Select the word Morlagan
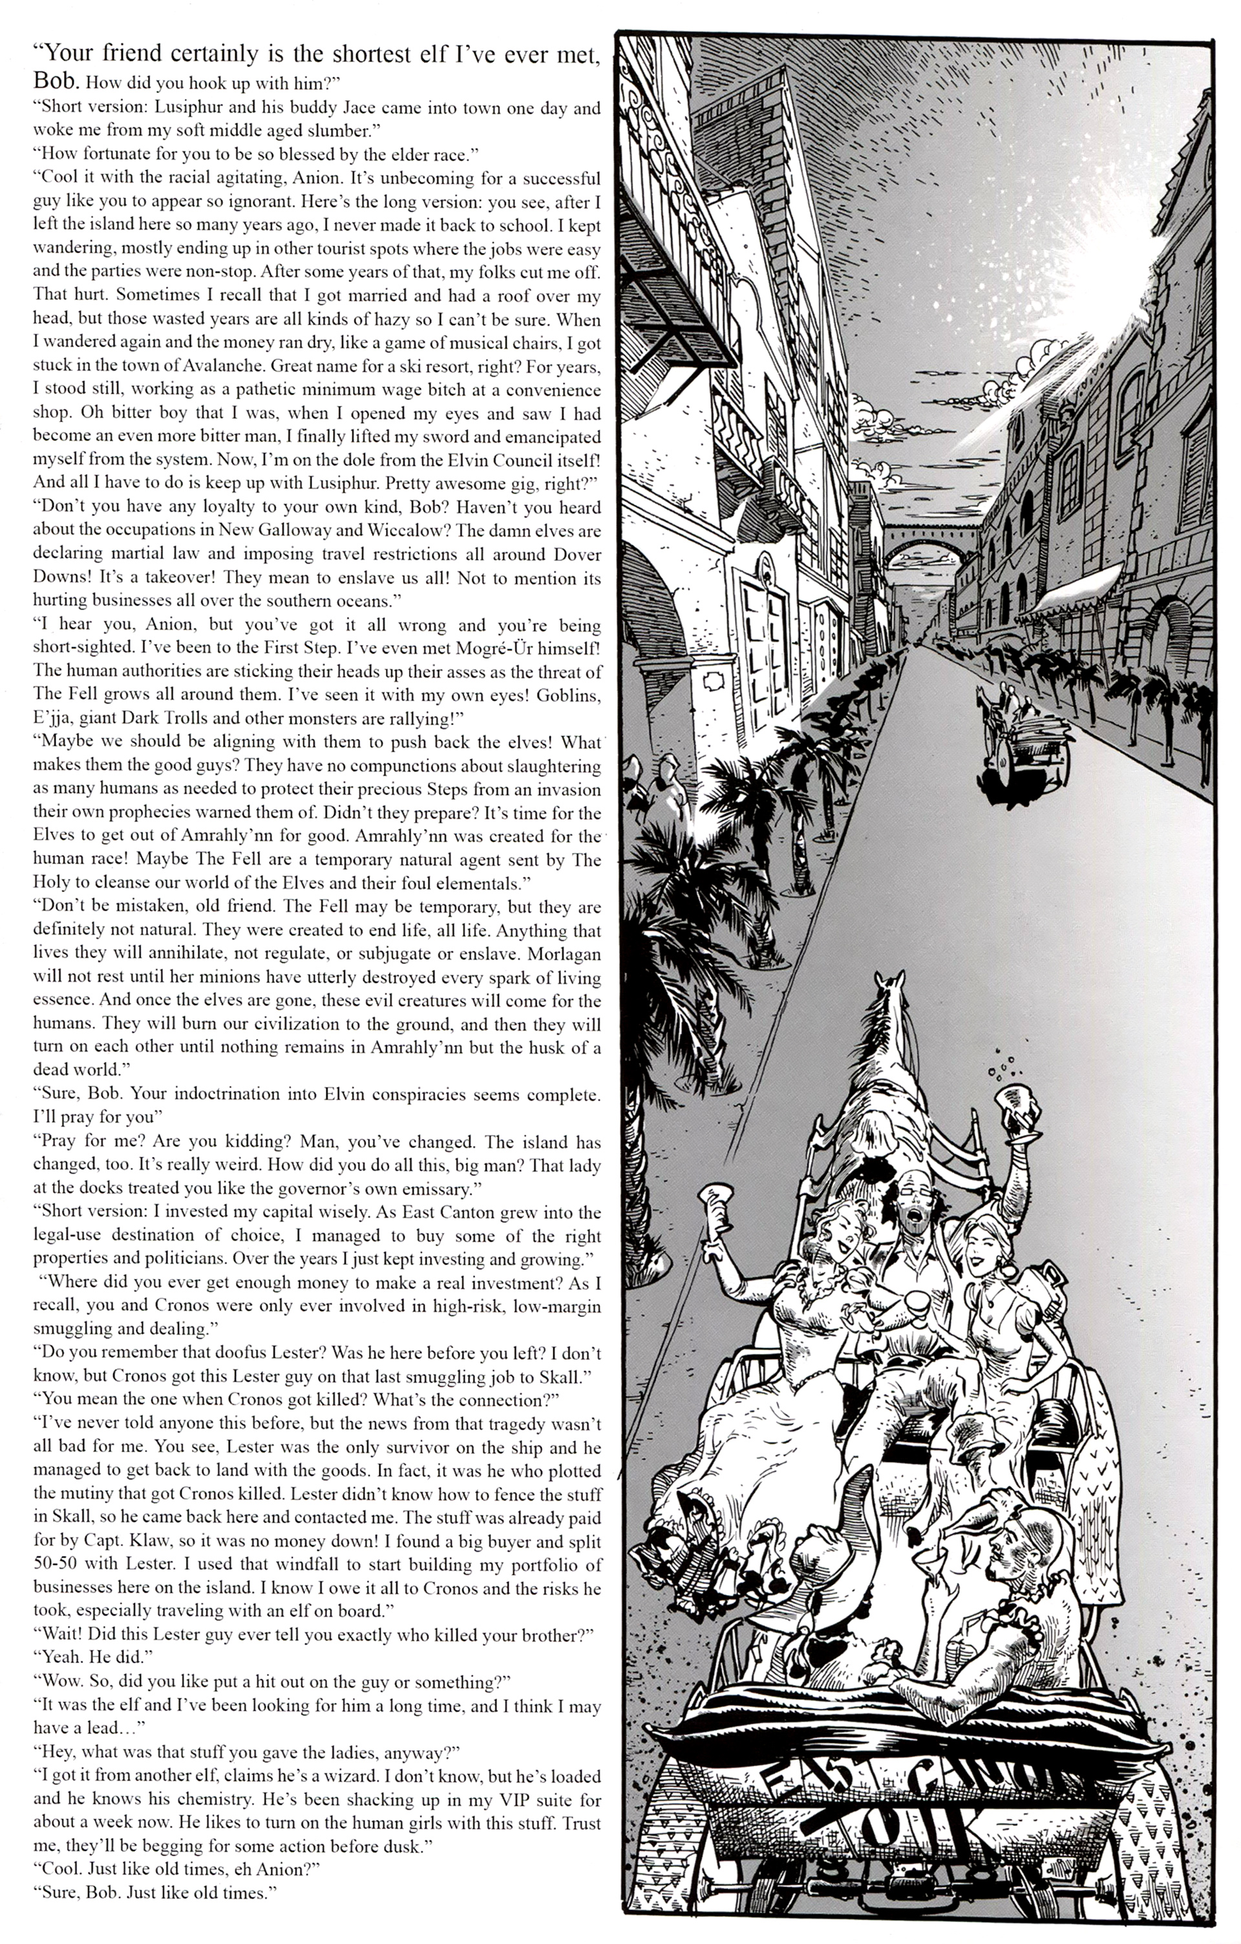pos(557,953)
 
